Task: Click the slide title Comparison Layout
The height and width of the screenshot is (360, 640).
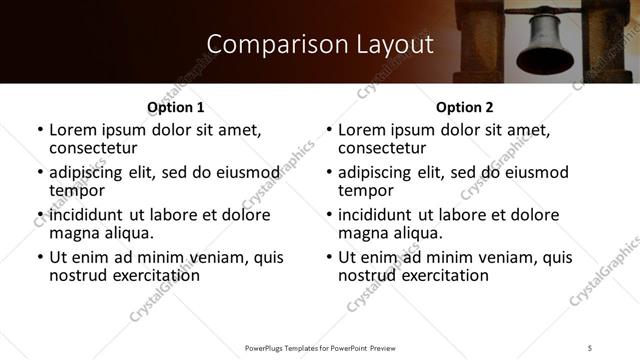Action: [x=320, y=45]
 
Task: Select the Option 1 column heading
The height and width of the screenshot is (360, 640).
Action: [x=175, y=107]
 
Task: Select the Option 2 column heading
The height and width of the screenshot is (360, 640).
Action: [x=465, y=107]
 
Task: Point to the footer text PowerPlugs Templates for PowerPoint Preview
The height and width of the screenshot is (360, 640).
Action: [x=320, y=347]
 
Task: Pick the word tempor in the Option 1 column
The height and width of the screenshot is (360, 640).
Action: [x=77, y=190]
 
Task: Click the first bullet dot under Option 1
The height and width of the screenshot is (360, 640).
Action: [x=39, y=131]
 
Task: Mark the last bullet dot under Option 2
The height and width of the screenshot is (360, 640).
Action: [x=329, y=258]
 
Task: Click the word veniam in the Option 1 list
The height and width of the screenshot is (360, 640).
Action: [x=225, y=257]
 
